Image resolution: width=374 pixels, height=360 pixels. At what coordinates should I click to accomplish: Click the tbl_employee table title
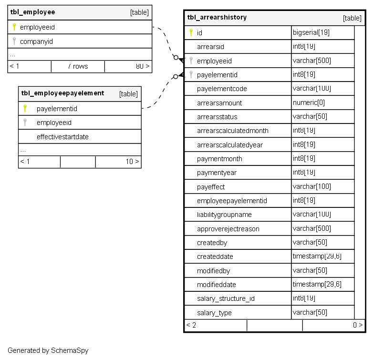[32, 12]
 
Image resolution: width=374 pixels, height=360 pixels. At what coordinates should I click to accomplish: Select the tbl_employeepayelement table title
[62, 93]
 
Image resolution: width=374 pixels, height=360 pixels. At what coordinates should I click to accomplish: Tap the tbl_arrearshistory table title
[217, 18]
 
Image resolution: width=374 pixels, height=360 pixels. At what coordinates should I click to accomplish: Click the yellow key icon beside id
[191, 32]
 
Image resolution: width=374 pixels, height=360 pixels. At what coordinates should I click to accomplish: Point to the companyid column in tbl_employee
[36, 41]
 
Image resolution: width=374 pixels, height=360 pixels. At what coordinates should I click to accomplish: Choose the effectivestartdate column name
[62, 137]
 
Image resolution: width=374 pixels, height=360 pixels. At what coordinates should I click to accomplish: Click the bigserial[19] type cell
[311, 32]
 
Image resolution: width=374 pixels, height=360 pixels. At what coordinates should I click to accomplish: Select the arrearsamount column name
[219, 103]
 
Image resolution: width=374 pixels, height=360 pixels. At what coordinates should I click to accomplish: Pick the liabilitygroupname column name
[224, 215]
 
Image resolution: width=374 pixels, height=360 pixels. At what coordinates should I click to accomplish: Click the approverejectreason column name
[228, 229]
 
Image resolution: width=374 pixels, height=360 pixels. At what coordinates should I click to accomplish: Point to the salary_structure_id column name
[226, 299]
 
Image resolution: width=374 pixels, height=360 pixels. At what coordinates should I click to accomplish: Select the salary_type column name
[214, 313]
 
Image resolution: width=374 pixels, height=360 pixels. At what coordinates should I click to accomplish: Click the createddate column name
[215, 257]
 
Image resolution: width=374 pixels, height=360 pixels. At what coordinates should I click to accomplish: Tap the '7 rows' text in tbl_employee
[78, 66]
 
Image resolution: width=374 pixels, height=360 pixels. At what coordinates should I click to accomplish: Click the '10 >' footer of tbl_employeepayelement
[132, 162]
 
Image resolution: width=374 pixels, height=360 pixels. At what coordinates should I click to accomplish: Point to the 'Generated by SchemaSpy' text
[48, 350]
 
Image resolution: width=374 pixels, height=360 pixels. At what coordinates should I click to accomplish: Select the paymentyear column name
[217, 173]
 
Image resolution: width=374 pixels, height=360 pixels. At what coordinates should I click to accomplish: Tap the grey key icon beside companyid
[14, 41]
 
